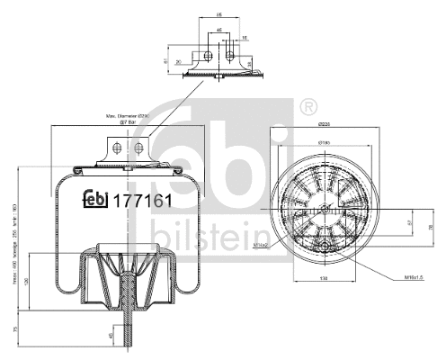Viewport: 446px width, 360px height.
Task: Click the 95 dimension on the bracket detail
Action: point(218,15)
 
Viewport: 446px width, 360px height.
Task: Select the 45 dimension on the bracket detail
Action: point(219,31)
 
